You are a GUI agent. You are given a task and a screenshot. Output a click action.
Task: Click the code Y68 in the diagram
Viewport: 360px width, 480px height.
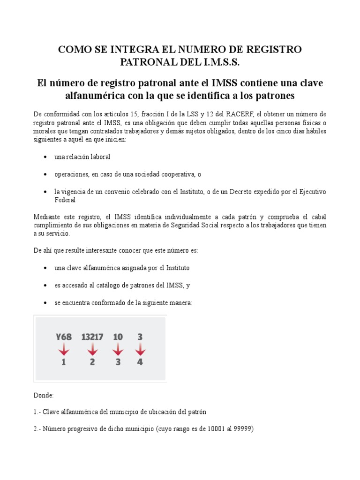(63, 337)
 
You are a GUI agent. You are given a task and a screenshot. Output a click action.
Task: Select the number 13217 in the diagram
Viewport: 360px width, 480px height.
(93, 337)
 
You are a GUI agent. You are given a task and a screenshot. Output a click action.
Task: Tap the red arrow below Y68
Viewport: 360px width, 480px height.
(64, 350)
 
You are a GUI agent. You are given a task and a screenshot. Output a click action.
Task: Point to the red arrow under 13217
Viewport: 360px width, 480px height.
(92, 350)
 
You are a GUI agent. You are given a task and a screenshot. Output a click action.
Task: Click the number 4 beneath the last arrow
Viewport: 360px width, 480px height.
(140, 362)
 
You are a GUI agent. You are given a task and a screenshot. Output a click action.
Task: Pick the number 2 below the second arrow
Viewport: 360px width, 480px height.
(92, 362)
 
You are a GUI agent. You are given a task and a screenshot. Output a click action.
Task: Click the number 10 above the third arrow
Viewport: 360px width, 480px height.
(118, 337)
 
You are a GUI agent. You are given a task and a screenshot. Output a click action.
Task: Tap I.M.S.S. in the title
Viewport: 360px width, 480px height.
(221, 62)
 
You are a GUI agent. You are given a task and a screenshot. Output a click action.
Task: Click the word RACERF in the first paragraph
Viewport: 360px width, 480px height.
(239, 114)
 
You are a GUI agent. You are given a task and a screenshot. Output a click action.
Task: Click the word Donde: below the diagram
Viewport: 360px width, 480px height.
(44, 395)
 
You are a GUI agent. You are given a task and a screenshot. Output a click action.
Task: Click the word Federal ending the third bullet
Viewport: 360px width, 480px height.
(65, 200)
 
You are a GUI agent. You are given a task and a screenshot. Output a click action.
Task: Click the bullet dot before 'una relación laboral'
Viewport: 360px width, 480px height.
(45, 157)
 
